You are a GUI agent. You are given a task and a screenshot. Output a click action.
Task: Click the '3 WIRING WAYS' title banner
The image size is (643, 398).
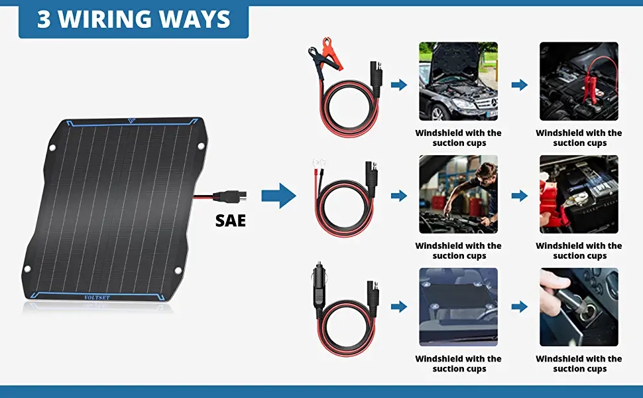tap(133, 19)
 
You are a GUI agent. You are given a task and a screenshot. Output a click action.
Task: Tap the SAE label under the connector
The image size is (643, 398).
tap(231, 220)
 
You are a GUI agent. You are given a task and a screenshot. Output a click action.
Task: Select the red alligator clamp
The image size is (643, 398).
tap(332, 53)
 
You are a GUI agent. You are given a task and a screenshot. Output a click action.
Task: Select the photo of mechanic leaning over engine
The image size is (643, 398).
tap(458, 194)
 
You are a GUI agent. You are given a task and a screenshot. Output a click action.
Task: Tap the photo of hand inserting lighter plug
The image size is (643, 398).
tap(579, 307)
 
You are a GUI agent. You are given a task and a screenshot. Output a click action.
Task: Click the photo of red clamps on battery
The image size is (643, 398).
tap(579, 81)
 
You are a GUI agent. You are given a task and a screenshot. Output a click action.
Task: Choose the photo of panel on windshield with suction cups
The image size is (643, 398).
tap(458, 307)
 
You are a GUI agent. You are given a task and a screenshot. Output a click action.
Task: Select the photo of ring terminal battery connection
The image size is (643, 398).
tap(579, 194)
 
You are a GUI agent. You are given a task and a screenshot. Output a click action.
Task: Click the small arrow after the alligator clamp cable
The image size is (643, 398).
tap(398, 84)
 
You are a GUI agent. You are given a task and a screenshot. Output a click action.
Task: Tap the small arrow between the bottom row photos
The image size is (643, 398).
tap(519, 306)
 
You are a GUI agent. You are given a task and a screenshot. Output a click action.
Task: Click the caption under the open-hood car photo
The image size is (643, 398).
tap(458, 138)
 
